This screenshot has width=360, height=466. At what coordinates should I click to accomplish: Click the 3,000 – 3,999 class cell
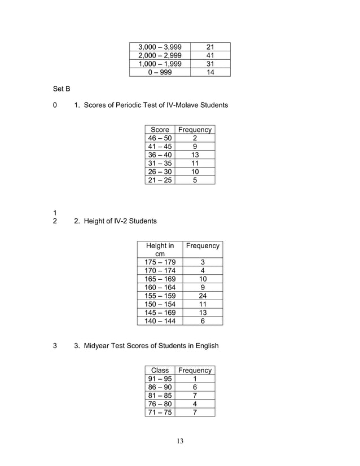tap(159, 46)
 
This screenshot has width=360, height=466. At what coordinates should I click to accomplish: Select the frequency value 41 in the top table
tap(210, 55)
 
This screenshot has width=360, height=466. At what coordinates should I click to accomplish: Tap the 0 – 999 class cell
tap(159, 72)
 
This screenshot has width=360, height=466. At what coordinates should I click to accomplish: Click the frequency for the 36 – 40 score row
tap(195, 155)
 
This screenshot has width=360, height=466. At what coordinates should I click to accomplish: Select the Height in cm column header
tap(160, 250)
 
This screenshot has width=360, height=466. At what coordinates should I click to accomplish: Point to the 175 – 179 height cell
tap(160, 262)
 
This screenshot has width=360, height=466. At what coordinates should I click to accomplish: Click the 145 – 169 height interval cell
tap(160, 313)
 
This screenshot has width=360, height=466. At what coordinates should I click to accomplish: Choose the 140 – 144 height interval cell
tap(160, 321)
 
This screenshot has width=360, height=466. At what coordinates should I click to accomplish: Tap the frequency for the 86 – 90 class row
tap(195, 388)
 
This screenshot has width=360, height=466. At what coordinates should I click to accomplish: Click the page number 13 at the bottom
tap(179, 441)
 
